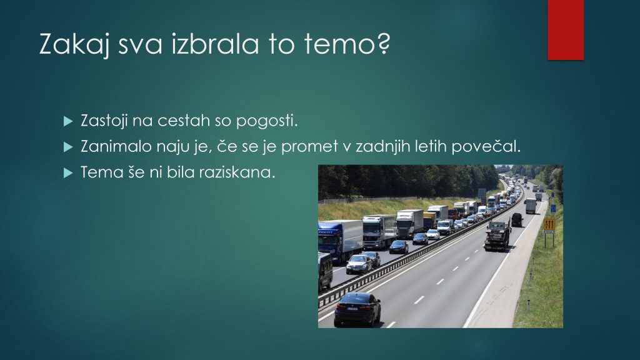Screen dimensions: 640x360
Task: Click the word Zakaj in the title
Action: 75,44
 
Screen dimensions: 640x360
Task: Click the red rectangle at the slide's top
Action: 566,30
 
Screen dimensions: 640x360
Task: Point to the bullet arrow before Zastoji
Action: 68,121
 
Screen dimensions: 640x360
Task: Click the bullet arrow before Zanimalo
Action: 68,147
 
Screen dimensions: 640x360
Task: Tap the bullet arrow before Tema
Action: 68,173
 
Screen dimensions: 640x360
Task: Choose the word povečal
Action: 486,146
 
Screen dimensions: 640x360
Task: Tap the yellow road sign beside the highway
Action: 549,225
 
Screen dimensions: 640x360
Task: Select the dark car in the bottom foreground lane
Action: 357,309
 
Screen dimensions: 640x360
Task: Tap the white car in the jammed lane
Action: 432,234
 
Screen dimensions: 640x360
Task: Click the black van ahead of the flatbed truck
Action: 517,219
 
